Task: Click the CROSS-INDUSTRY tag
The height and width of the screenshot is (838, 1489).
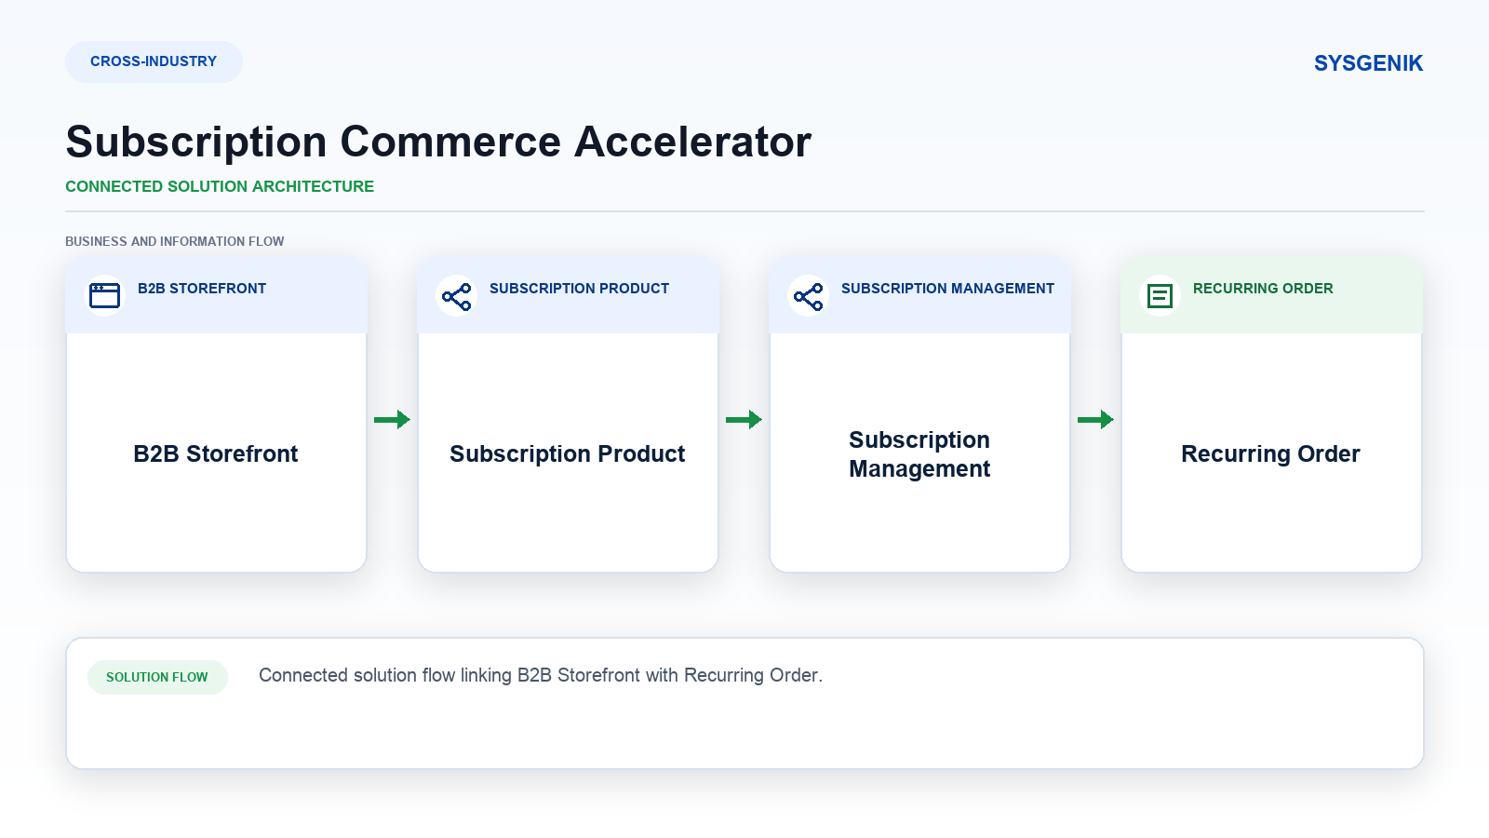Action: click(x=154, y=61)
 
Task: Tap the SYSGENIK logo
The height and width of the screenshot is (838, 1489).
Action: click(x=1368, y=63)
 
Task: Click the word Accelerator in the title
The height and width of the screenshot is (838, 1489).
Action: click(x=692, y=142)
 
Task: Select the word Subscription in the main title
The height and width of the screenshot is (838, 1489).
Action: click(x=196, y=143)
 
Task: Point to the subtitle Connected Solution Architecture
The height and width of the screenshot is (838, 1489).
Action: click(x=220, y=187)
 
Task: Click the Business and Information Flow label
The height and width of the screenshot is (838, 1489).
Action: click(x=174, y=241)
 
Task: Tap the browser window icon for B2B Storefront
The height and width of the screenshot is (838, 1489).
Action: click(x=104, y=296)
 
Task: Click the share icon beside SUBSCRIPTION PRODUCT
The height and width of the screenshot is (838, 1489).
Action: click(x=457, y=296)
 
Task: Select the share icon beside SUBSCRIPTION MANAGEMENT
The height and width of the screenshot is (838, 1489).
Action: click(x=809, y=296)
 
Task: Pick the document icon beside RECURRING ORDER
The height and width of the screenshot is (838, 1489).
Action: click(x=1160, y=296)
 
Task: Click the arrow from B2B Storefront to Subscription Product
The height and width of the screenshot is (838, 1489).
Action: click(x=392, y=420)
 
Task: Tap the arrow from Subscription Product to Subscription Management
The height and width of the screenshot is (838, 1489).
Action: click(x=744, y=420)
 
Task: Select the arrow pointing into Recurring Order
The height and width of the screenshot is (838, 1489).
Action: click(x=1095, y=420)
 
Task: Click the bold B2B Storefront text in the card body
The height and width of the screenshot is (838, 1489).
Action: click(x=215, y=453)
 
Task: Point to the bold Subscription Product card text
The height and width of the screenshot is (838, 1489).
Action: click(x=567, y=453)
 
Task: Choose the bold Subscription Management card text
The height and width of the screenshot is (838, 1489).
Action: click(x=919, y=454)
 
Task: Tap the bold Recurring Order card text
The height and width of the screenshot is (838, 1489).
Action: click(x=1270, y=453)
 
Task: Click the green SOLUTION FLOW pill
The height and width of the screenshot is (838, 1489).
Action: click(x=157, y=677)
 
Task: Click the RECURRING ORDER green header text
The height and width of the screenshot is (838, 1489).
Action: click(x=1263, y=289)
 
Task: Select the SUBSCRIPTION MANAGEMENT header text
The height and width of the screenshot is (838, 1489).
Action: click(x=948, y=289)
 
